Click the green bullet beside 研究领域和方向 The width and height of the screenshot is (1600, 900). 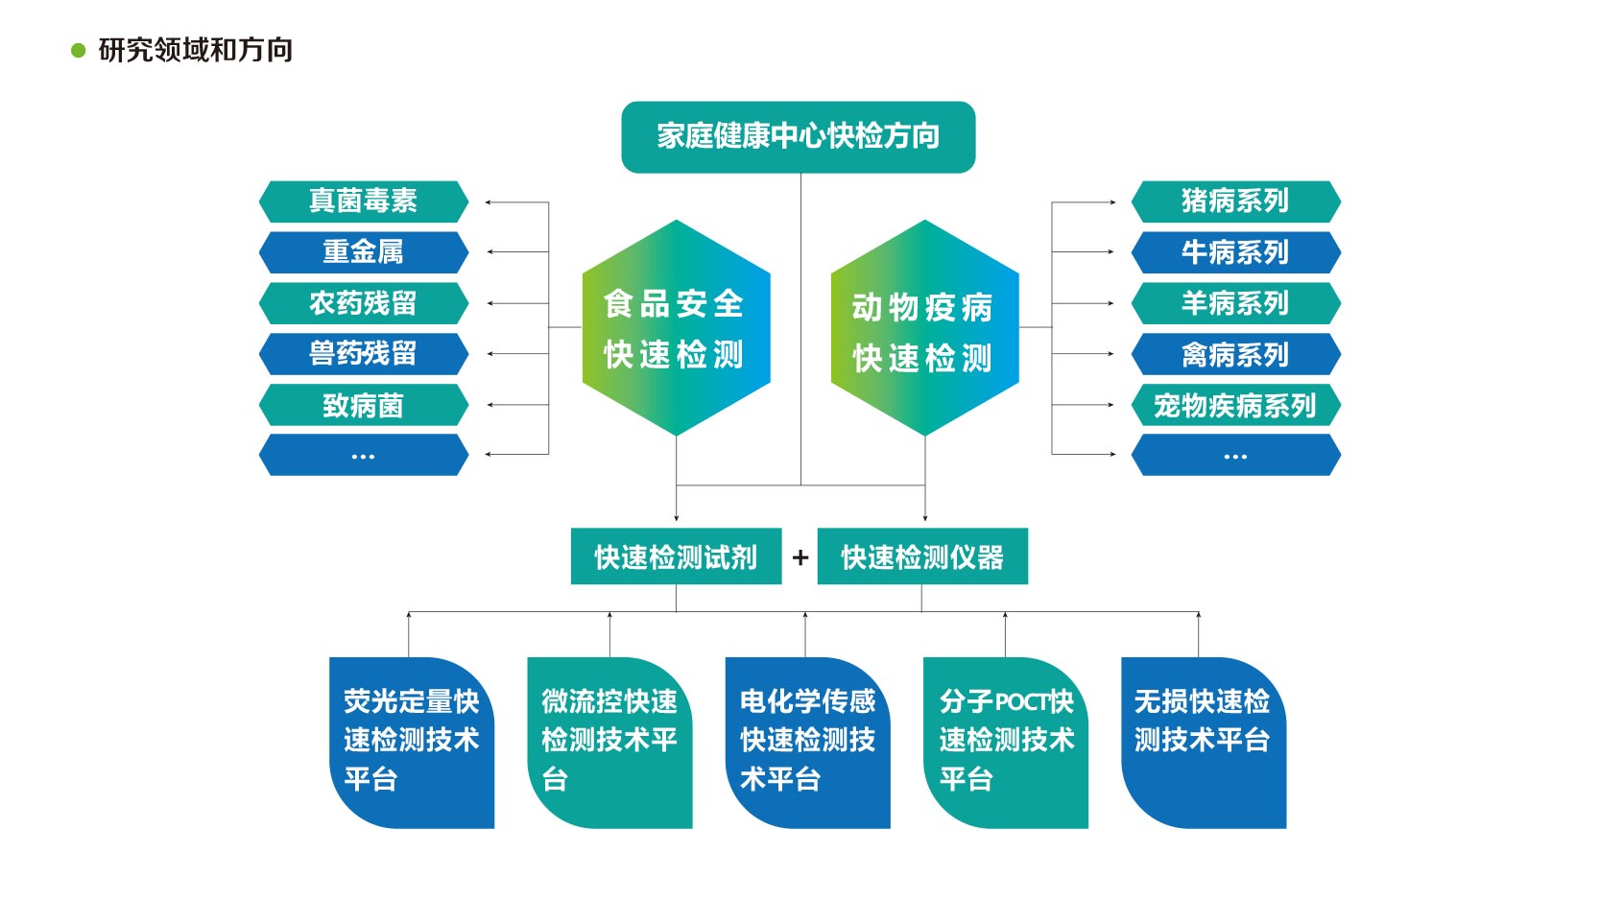(79, 51)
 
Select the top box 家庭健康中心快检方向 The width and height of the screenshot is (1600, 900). (798, 137)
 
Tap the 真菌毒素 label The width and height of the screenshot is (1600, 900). (363, 201)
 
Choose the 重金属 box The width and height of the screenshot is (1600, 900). (363, 252)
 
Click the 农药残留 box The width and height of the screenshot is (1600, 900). (363, 303)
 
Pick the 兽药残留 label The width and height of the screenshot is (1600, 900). (363, 354)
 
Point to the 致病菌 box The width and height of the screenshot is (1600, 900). (363, 405)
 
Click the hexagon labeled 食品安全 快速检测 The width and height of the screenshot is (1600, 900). (676, 328)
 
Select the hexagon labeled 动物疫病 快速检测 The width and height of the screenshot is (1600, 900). (923, 328)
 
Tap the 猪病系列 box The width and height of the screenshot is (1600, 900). (1235, 201)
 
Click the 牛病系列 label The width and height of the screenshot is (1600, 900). (1235, 252)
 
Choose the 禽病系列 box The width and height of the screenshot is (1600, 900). (1235, 354)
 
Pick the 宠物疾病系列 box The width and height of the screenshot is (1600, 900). (1235, 405)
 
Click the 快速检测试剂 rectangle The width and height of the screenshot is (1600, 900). (676, 557)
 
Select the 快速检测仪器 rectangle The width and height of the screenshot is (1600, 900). (922, 557)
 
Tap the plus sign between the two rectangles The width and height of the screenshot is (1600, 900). (800, 557)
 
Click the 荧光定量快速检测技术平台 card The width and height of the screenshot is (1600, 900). (412, 742)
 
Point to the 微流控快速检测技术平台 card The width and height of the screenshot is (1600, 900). (609, 742)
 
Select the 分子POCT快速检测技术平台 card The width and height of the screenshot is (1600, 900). (1005, 742)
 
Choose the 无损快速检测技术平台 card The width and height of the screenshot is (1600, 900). (1203, 742)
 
